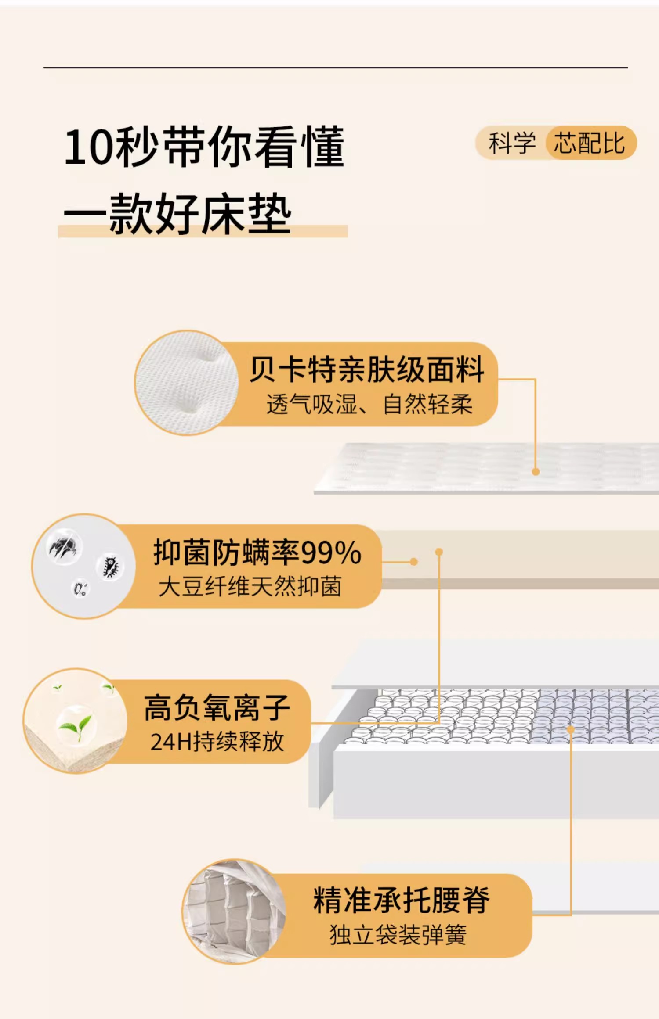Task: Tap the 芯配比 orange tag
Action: (x=590, y=143)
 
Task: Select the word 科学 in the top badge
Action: (x=512, y=143)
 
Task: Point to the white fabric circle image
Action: (x=187, y=383)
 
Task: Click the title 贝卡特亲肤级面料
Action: (x=367, y=370)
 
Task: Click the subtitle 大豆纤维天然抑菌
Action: (x=250, y=587)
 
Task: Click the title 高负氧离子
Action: (x=217, y=708)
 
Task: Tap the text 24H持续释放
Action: (x=217, y=742)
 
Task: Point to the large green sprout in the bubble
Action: (x=76, y=725)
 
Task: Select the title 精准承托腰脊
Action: (x=401, y=900)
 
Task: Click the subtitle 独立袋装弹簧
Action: (x=398, y=934)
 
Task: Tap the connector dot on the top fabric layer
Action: (x=536, y=472)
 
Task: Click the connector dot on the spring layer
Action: (x=571, y=729)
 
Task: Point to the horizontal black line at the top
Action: (x=336, y=68)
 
